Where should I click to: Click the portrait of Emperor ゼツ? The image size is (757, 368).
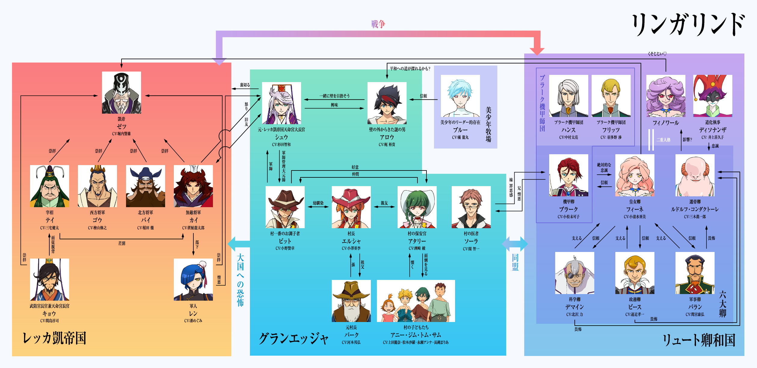point(122,93)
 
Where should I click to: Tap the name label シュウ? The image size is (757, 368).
point(282,137)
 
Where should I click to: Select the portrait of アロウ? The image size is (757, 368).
point(387,103)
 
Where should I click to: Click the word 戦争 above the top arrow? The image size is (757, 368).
point(378,24)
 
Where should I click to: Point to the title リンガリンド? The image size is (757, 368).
point(688,25)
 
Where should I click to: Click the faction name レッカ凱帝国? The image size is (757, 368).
point(54,338)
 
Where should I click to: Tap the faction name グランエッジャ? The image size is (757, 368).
point(294,339)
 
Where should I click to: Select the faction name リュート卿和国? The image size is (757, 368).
point(699,340)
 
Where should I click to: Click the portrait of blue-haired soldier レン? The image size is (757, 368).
point(193,280)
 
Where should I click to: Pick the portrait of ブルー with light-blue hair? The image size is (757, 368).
point(460,96)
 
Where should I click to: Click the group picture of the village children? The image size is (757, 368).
point(416,301)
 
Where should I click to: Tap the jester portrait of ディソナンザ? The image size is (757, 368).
point(713,96)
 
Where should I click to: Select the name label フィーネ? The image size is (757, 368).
point(635,209)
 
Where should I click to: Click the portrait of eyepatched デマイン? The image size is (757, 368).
point(575,273)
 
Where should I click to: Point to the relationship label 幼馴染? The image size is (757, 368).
point(318,203)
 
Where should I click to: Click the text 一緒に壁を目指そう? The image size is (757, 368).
point(334,96)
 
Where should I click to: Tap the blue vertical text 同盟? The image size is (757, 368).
point(515,262)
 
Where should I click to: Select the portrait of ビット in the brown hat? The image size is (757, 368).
point(285,207)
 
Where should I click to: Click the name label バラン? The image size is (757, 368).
point(695,307)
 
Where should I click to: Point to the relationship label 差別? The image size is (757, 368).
point(122,243)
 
